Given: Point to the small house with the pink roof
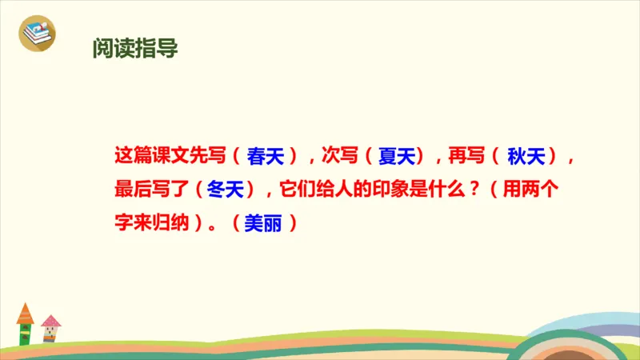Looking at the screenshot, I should [51, 328].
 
